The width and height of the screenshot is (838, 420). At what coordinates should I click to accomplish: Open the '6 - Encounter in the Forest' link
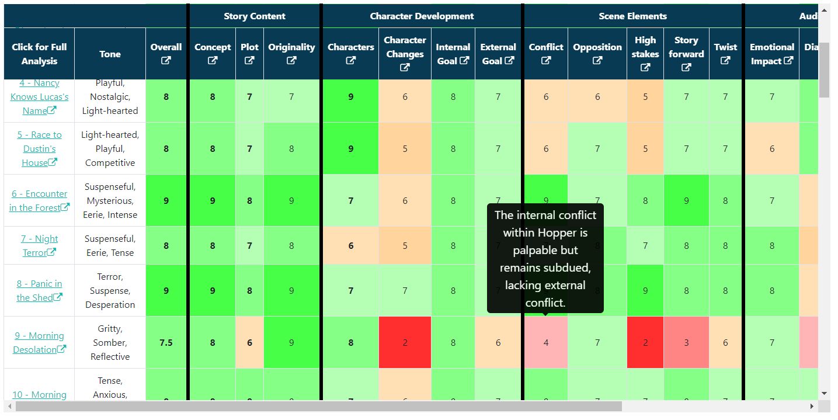coord(39,200)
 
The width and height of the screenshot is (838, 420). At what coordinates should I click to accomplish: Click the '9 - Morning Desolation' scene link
coord(39,342)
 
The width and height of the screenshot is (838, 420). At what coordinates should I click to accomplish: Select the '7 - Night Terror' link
coord(39,245)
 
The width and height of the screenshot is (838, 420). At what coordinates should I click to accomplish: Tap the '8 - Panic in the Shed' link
coord(39,290)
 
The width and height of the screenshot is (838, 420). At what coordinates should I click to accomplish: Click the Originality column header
coord(291,47)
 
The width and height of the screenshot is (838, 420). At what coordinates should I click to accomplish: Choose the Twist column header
coord(725,47)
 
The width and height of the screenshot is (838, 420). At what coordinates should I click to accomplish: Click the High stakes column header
coord(645,40)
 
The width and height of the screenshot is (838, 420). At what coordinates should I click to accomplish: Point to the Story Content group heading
coord(255,16)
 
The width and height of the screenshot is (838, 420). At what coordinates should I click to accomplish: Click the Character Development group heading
coord(422,16)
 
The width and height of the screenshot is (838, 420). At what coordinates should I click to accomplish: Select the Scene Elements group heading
coord(632,16)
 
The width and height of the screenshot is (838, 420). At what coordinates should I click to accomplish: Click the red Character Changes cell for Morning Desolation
coord(405,343)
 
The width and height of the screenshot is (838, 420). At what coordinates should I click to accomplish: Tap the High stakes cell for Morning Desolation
coord(645,343)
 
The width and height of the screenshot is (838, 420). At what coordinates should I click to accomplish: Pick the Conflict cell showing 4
coord(546,343)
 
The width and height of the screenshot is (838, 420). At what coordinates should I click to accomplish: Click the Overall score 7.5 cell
coord(166,343)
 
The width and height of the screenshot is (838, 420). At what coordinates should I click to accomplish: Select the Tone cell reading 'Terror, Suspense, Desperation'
coord(110,290)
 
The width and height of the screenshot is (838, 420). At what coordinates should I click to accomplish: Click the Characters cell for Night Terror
coord(350,246)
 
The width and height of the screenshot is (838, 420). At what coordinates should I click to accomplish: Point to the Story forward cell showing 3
coord(686,343)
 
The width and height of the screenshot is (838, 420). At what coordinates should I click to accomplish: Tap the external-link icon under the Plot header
coord(249,61)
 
